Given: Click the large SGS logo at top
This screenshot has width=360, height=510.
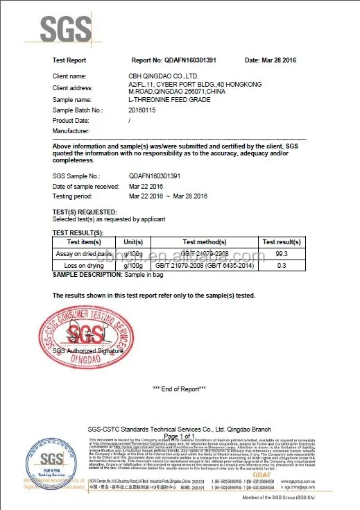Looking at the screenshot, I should (66, 29).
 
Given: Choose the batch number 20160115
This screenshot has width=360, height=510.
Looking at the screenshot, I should (144, 110).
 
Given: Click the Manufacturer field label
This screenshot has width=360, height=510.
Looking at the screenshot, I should (71, 130).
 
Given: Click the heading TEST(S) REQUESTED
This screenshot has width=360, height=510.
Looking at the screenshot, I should (85, 211).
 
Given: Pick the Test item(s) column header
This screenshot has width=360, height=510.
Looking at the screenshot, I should (83, 241).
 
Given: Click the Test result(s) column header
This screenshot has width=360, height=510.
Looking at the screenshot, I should (282, 241).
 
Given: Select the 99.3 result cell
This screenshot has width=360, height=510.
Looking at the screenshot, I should (282, 254).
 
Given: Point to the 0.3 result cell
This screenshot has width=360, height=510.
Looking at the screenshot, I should (282, 266).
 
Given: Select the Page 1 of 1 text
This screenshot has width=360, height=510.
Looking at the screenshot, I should (179, 436).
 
